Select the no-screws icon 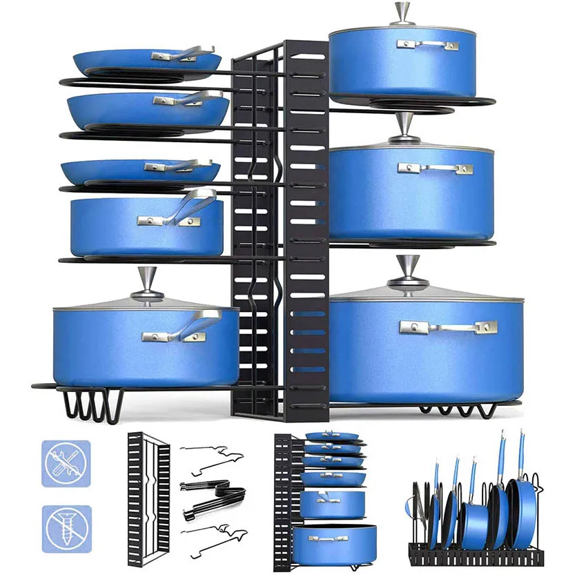coord(67,528)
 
